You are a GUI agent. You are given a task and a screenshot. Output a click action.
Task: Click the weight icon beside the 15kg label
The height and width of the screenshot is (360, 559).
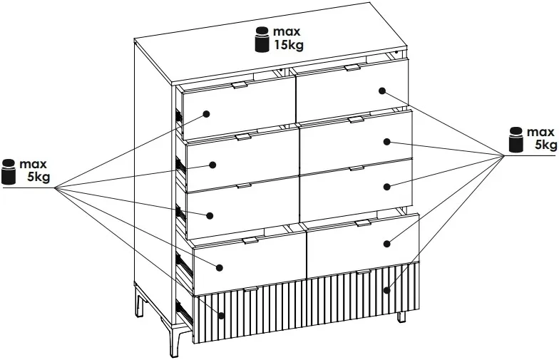tap(263, 40)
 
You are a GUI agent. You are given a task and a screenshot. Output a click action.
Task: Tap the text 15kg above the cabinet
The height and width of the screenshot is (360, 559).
tap(289, 46)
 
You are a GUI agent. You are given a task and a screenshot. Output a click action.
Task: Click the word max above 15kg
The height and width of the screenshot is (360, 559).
tap(287, 31)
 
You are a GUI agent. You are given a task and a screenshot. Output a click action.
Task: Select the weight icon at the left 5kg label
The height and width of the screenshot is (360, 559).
tap(9, 172)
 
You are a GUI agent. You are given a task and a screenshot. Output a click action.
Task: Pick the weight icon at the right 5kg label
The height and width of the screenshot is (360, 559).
tap(516, 139)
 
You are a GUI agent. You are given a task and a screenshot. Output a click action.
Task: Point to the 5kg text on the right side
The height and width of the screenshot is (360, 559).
tap(545, 145)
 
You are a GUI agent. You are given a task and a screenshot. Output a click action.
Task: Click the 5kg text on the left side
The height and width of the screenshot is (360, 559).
tap(39, 177)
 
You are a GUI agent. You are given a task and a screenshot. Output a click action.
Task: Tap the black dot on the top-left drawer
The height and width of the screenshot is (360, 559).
tap(206, 114)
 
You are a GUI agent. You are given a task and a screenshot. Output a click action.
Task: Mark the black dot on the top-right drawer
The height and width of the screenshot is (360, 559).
tap(382, 91)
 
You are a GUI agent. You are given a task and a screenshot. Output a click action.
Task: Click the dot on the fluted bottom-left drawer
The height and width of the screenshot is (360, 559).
tap(221, 315)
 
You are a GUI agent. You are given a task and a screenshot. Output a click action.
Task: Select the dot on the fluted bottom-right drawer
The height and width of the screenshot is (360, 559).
tap(387, 290)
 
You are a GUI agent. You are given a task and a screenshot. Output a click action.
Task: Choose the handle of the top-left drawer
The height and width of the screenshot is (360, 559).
tap(240, 85)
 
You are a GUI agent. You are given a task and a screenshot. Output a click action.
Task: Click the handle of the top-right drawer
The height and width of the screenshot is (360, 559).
tap(352, 67)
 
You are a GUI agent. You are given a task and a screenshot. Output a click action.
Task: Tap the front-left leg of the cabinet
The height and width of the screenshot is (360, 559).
tap(175, 339)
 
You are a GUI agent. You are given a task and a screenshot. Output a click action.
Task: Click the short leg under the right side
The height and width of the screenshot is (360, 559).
tap(402, 317)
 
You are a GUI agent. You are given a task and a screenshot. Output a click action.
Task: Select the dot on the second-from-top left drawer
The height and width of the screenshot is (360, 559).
tap(212, 165)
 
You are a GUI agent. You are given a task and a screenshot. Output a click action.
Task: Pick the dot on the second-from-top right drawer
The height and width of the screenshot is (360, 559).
tap(387, 142)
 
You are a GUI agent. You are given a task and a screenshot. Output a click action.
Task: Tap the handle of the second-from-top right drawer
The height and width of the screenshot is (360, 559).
tap(357, 120)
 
